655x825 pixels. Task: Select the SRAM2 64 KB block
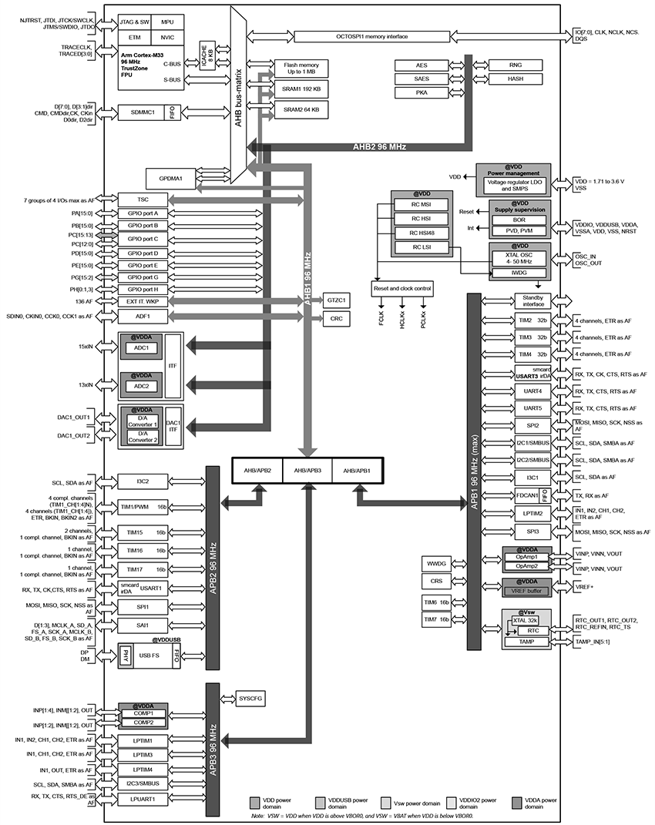(301, 109)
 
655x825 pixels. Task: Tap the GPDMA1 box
(176, 179)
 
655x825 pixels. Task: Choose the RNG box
(516, 65)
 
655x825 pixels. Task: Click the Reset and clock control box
(403, 289)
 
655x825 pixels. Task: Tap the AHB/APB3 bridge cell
(307, 470)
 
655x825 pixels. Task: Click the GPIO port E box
(143, 264)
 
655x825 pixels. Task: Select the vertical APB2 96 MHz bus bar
(213, 564)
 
